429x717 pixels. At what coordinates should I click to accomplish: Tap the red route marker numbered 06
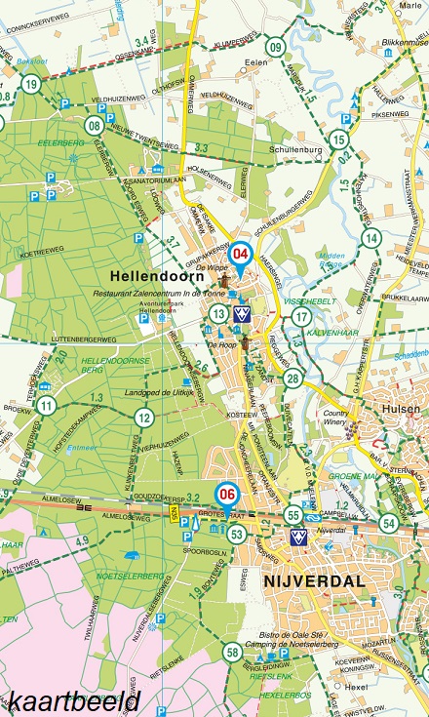228,494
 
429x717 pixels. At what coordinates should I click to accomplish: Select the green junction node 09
276,47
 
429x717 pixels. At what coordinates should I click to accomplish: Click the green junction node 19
32,85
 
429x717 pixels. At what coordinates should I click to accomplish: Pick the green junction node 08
95,125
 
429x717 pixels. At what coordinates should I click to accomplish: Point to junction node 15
338,140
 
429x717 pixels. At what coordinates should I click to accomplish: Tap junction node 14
370,238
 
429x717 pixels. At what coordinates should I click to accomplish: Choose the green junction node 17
302,317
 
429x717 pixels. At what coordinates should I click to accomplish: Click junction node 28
292,378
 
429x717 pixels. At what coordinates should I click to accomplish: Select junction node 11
46,405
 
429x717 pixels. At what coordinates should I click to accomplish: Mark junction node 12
144,418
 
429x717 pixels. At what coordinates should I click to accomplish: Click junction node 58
232,653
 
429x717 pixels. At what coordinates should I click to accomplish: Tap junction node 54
390,522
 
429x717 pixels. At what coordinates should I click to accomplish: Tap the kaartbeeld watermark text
70,700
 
